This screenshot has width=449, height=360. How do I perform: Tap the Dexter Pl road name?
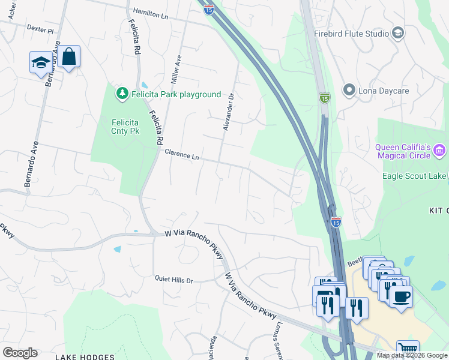pyautogui.click(x=40, y=28)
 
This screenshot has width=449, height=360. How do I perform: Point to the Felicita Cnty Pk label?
pyautogui.click(x=125, y=127)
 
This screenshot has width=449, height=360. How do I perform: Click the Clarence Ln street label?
pyautogui.click(x=182, y=155)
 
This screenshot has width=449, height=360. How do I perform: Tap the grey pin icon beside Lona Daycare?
pyautogui.click(x=349, y=91)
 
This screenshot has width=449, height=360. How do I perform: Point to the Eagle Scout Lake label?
pyautogui.click(x=414, y=176)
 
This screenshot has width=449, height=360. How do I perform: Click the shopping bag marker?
pyautogui.click(x=70, y=56)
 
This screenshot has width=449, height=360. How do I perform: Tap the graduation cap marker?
pyautogui.click(x=41, y=62)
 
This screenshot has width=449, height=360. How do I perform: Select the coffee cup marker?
pyautogui.click(x=401, y=295)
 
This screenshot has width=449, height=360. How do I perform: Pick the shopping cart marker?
pyautogui.click(x=408, y=349)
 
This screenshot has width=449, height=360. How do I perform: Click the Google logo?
pyautogui.click(x=20, y=353)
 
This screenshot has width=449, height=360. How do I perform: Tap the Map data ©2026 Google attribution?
pyautogui.click(x=411, y=355)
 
